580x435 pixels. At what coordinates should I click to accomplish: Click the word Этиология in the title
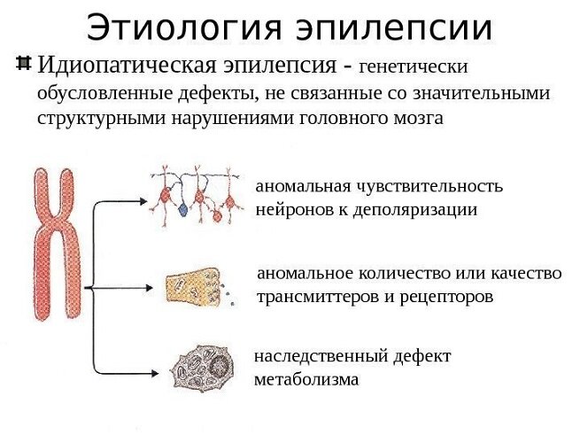tap(184, 28)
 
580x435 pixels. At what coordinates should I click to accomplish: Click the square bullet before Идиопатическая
tap(23, 63)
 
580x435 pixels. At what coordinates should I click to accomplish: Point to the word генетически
tap(414, 67)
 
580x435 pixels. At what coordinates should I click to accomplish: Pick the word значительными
tap(481, 93)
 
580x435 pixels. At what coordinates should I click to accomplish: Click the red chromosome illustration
tap(57, 245)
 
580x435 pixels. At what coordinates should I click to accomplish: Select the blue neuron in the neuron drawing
tap(182, 210)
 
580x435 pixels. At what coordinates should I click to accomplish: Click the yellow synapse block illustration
tap(193, 286)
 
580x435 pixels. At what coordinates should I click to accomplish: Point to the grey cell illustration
tap(202, 368)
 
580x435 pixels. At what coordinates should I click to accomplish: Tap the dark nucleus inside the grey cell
tap(220, 365)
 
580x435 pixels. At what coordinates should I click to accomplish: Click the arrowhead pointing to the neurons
tap(143, 201)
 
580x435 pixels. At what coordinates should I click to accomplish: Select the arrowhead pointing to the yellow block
tap(149, 288)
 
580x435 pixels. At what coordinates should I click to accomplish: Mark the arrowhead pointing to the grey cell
tap(154, 373)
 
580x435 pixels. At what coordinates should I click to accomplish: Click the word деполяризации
tap(415, 211)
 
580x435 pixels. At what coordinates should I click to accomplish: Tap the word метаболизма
tap(306, 380)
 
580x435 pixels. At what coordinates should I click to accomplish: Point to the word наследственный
tap(321, 357)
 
